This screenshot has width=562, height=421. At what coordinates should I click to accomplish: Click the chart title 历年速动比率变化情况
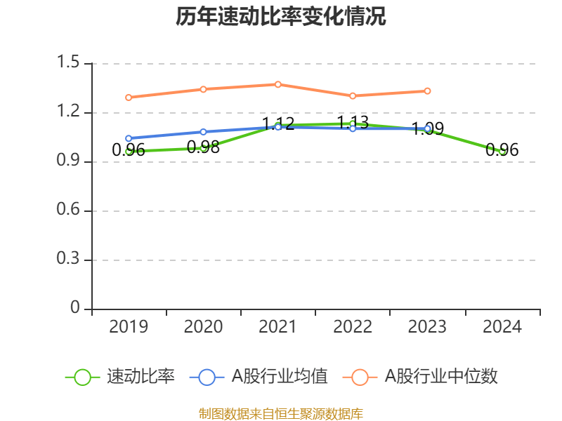(x=280, y=17)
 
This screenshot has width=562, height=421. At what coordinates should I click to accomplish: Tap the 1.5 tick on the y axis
(x=70, y=63)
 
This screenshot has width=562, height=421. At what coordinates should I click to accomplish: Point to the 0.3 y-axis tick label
(x=70, y=260)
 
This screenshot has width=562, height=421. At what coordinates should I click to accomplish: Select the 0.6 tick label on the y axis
(x=70, y=210)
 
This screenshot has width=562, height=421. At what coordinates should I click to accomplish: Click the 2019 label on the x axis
(x=129, y=327)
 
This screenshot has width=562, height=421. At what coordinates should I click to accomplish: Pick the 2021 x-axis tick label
(x=278, y=327)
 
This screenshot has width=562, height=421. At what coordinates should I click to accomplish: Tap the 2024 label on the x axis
(x=502, y=327)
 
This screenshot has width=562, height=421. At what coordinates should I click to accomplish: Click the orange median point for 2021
(x=278, y=84)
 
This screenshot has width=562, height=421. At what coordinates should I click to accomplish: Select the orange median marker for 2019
(x=129, y=98)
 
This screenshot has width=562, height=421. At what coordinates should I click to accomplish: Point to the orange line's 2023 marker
(x=428, y=91)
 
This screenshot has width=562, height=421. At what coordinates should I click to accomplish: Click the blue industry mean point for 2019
(x=129, y=138)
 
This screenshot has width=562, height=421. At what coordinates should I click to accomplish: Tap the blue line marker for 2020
(x=203, y=132)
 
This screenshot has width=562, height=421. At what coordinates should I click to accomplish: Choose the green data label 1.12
(x=278, y=124)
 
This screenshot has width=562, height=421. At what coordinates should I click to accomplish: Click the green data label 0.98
(x=203, y=147)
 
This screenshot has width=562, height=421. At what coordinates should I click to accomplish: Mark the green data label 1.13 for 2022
(x=353, y=123)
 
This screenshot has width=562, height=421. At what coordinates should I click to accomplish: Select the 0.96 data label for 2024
(x=502, y=150)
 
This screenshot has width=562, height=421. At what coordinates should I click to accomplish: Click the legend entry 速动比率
(x=140, y=377)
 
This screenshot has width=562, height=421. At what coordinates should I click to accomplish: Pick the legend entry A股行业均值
(x=280, y=377)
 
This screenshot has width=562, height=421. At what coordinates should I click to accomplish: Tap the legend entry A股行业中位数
(x=440, y=377)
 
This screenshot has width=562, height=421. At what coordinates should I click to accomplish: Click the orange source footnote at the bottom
(x=280, y=413)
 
